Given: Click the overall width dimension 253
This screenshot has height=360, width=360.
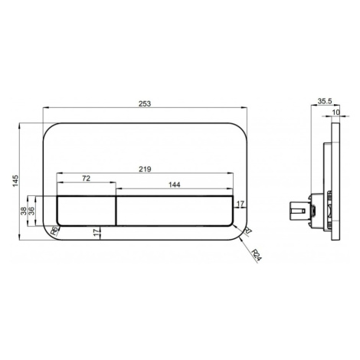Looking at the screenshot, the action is tap(145, 103).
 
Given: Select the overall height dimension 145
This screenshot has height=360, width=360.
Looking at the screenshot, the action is tap(16, 181).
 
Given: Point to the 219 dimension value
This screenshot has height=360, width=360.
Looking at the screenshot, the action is tap(145, 169).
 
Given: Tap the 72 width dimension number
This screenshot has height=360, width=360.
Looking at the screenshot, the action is tap(86, 178).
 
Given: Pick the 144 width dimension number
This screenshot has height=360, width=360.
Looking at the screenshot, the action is tap(175, 185).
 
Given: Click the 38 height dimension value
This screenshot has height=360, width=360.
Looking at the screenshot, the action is tap(24, 211).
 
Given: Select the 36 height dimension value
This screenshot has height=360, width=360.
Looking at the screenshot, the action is tap(31, 211).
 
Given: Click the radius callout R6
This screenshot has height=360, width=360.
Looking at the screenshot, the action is tap(54, 231).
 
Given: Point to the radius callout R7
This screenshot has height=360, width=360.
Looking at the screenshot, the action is tap(248, 231).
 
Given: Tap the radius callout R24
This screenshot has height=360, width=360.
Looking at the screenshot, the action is tap(257, 256).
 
